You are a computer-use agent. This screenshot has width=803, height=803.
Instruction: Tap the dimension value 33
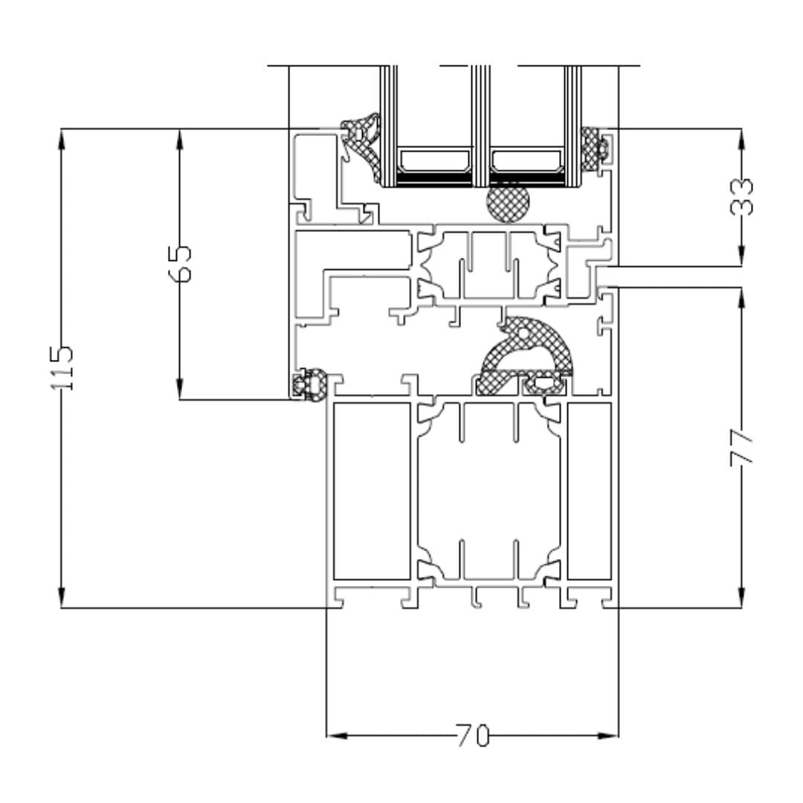coord(741,196)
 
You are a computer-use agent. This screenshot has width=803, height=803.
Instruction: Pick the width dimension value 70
coord(473,736)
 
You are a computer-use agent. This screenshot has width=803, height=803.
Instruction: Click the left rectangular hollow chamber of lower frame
coord(371,491)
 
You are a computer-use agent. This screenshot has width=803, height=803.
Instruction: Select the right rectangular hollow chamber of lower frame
coord(589,491)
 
